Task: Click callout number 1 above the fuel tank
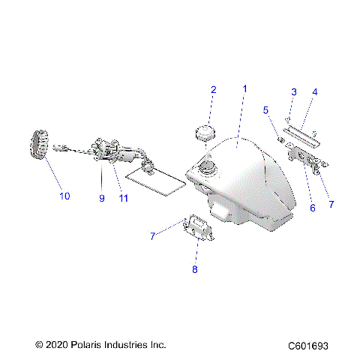(243, 88)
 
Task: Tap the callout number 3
(293, 91)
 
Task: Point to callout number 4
(314, 91)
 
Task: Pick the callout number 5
(265, 109)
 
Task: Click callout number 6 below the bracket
(312, 209)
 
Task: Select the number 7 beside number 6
(331, 202)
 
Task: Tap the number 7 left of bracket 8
(152, 235)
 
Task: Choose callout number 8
(196, 269)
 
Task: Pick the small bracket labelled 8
(199, 228)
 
